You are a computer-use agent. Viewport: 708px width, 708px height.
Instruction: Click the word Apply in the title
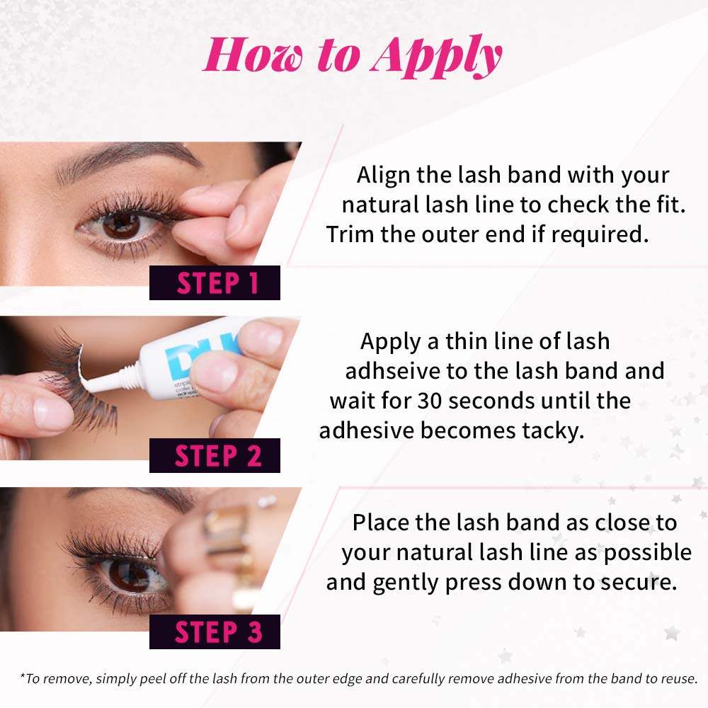click(x=437, y=57)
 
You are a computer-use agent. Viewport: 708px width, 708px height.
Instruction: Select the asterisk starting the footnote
click(x=23, y=676)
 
